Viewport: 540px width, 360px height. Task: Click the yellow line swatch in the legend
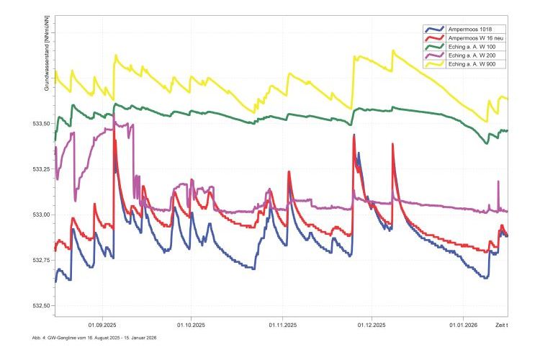click(x=435, y=64)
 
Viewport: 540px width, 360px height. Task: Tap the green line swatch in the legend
click(x=435, y=47)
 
